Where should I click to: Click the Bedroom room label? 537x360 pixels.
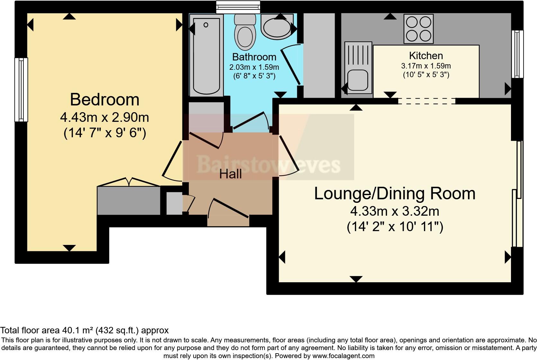pos(105,100)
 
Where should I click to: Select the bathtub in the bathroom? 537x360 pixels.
pos(206,55)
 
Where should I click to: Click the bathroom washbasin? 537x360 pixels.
pos(277,28)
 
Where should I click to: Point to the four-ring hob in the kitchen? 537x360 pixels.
pos(418,29)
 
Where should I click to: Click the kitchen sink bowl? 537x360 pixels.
pos(357,80)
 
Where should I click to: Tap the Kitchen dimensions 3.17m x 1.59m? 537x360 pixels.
pos(426,66)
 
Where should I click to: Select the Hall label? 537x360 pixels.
pos(230,174)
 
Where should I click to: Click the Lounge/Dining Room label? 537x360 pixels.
pos(394,194)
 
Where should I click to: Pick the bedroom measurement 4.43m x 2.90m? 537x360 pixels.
pos(105,117)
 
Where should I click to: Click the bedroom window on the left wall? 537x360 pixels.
pos(21,90)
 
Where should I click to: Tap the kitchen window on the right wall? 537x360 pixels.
pos(517,54)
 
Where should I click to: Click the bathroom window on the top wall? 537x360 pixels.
pos(238,7)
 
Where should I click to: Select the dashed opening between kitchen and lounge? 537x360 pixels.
pos(427,101)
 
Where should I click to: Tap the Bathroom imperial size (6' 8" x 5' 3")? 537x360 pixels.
pos(254,76)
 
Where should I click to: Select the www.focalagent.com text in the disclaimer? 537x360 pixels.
pos(343,356)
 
